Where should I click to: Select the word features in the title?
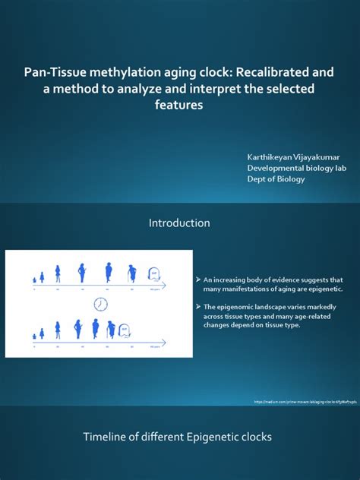(x=180, y=105)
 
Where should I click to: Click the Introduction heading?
(x=179, y=223)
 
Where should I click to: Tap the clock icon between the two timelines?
(x=100, y=304)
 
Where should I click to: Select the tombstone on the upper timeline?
(x=154, y=273)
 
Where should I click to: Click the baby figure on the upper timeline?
(x=33, y=277)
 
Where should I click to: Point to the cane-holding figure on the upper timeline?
(x=132, y=272)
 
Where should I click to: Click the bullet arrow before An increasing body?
(x=197, y=280)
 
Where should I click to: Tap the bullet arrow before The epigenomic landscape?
(x=197, y=306)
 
